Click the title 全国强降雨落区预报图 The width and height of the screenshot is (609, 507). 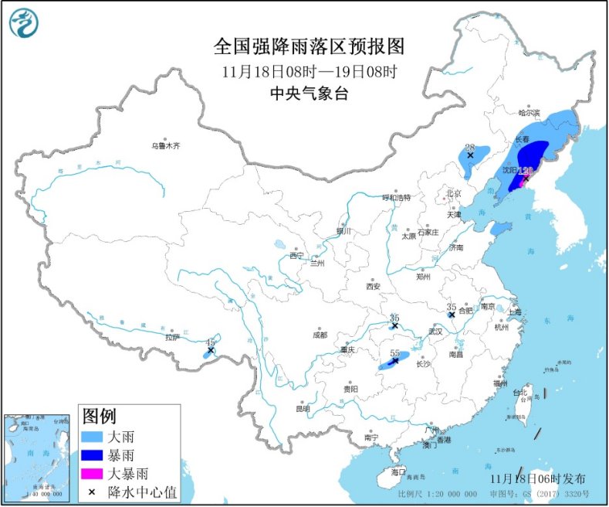point(309,47)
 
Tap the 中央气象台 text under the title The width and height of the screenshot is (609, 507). point(309,94)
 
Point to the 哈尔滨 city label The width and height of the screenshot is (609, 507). point(530,112)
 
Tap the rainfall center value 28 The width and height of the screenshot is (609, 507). point(469,147)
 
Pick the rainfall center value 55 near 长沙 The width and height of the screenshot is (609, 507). point(394,352)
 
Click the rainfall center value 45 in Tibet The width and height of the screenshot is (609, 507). point(211,342)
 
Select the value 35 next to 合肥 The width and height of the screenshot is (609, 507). point(451,307)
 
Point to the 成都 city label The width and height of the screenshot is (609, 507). point(320,335)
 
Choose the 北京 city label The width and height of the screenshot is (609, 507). point(453,193)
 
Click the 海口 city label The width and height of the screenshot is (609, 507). point(398,471)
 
